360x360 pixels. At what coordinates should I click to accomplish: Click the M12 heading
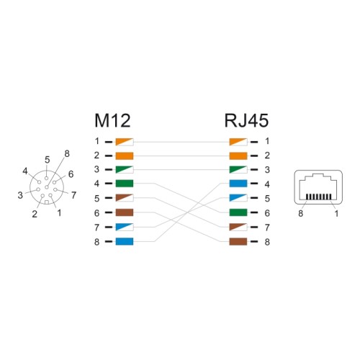tap(112, 121)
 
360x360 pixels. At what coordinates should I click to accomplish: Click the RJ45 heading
tap(246, 121)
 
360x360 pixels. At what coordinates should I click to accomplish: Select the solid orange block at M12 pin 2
tap(125, 156)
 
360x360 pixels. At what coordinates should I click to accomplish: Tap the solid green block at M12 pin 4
tap(125, 184)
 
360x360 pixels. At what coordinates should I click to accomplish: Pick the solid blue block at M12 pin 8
tap(125, 241)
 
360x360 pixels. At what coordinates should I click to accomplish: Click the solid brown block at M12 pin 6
tap(125, 212)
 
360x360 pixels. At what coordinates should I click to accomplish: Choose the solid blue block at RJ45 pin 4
tap(238, 184)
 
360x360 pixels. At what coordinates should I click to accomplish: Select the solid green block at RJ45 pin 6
tap(238, 212)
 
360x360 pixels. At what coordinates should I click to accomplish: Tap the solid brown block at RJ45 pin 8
tap(238, 241)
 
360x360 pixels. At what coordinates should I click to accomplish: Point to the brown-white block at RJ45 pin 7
tap(238, 227)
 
